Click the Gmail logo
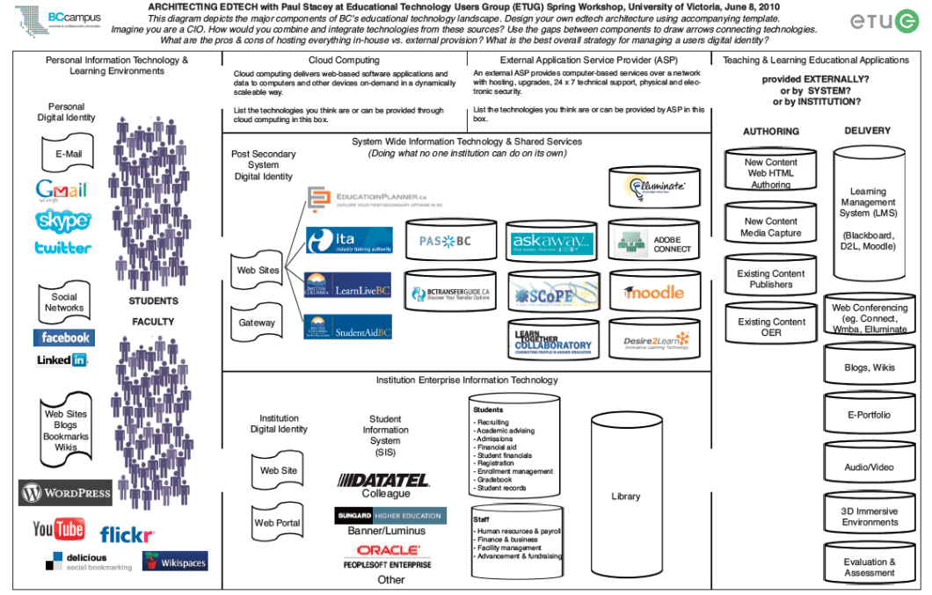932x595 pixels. (x=62, y=190)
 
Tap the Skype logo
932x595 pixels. (x=62, y=220)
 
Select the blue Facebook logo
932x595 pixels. (x=63, y=337)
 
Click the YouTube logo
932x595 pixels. (x=59, y=529)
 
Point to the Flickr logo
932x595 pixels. (x=127, y=533)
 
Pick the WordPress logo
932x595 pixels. (x=65, y=493)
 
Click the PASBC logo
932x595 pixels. (x=444, y=241)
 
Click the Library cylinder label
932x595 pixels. (x=626, y=497)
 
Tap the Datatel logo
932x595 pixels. (x=385, y=481)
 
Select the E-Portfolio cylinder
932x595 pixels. (x=869, y=415)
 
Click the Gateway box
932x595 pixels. (x=257, y=323)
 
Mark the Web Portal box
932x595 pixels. (x=277, y=523)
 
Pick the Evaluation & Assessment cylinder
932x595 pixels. (x=869, y=567)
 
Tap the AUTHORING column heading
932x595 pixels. (x=771, y=131)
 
